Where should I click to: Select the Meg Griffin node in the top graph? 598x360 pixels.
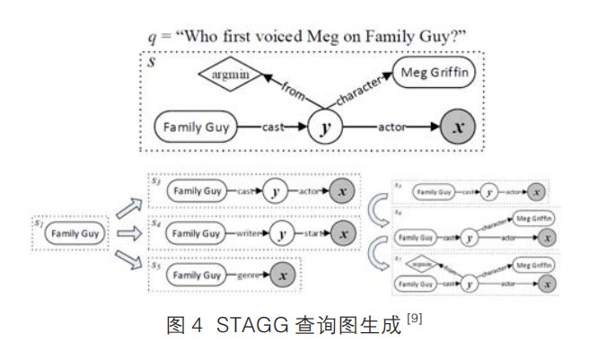(432, 72)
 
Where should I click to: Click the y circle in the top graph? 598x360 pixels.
(327, 127)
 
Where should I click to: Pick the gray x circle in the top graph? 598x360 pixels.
(459, 127)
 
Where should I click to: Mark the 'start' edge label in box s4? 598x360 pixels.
(312, 233)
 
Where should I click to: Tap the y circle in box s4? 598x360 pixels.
(282, 233)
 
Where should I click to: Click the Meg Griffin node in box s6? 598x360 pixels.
(531, 218)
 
